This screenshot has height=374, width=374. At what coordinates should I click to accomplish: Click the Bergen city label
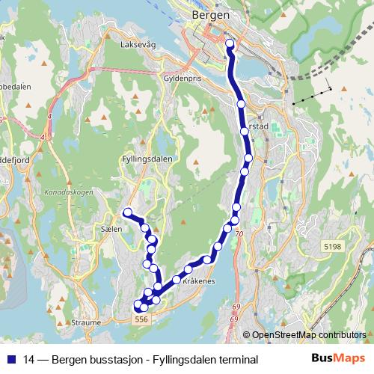coord(209,14)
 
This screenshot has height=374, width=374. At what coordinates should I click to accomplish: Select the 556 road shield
coord(141,319)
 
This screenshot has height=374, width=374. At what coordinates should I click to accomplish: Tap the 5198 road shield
coord(333,245)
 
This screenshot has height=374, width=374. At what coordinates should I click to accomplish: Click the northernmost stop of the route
coord(230,43)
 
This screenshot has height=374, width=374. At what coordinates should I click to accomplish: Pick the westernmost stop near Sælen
coord(128,212)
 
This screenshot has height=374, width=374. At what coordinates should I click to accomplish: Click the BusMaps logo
coord(338,359)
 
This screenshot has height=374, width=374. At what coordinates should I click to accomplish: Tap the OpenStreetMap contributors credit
coord(308,335)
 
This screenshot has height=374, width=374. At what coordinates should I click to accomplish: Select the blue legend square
coord(10,360)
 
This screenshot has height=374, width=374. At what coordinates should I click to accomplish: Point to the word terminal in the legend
coord(235,360)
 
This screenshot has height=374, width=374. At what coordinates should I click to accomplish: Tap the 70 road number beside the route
coord(239,234)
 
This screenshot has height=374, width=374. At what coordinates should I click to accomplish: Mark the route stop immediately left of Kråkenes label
coord(177,280)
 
